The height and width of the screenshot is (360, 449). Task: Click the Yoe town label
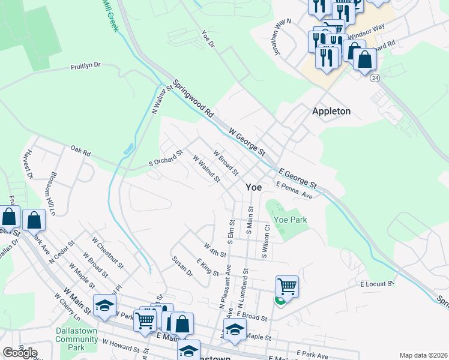pyautogui.click(x=253, y=187)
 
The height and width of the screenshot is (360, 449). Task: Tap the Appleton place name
pyautogui.click(x=331, y=111)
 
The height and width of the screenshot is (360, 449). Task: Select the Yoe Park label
pyautogui.click(x=291, y=220)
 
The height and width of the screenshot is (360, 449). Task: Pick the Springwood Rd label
pyautogui.click(x=193, y=99)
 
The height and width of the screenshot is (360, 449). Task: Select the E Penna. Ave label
pyautogui.click(x=294, y=191)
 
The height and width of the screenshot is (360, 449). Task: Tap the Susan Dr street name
pyautogui.click(x=182, y=267)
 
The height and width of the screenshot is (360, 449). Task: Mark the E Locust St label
pyautogui.click(x=376, y=283)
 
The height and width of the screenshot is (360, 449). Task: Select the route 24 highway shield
pyautogui.click(x=375, y=78)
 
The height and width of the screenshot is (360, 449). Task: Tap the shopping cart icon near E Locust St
pyautogui.click(x=288, y=286)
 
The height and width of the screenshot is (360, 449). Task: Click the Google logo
pyautogui.click(x=20, y=353)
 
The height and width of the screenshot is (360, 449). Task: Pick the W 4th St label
pyautogui.click(x=214, y=250)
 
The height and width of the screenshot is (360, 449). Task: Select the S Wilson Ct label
pyautogui.click(x=264, y=242)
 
